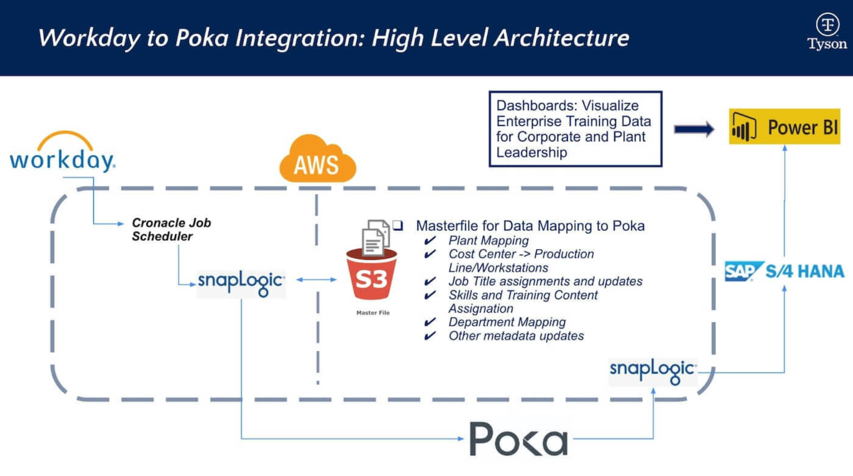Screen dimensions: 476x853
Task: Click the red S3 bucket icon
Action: [x=371, y=276]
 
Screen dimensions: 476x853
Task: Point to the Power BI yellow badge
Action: [x=785, y=127]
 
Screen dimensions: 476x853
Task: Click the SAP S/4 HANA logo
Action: [x=785, y=271]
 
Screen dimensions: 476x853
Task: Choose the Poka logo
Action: [x=518, y=439]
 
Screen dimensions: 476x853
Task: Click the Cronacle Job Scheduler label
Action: [x=171, y=229]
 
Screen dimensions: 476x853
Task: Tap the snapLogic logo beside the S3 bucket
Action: [x=241, y=282]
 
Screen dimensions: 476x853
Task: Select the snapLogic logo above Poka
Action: [x=653, y=371]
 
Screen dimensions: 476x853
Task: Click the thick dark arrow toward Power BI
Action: [x=694, y=129]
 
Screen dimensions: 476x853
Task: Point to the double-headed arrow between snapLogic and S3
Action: [x=316, y=280]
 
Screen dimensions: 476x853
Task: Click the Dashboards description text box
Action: [x=575, y=129]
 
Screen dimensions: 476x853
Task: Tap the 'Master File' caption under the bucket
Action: [x=373, y=313]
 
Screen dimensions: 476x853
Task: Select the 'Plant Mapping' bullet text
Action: [x=488, y=240]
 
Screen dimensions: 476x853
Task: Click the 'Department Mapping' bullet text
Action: [x=507, y=322]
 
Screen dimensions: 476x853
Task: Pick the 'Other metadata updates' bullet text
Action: [x=516, y=336]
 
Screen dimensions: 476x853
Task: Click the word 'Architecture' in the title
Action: [x=562, y=38]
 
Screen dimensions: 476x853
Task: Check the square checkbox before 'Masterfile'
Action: [x=398, y=226]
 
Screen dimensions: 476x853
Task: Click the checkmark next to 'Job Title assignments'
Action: [x=430, y=281]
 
